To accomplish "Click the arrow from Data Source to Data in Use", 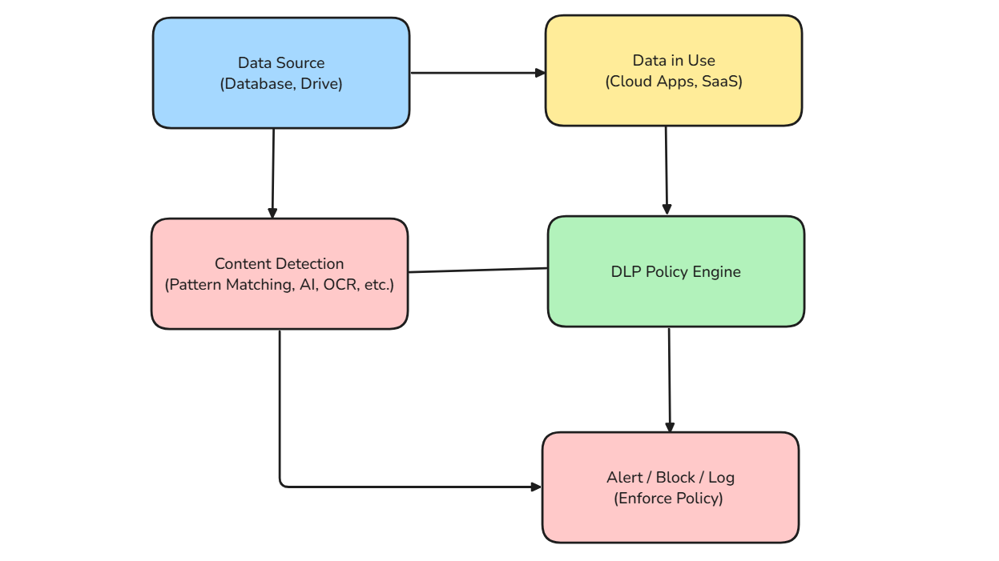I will (x=477, y=73).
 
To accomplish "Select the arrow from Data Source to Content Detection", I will (x=273, y=172).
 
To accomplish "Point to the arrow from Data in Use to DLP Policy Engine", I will (x=667, y=170).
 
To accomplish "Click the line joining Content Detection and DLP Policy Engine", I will (x=478, y=270).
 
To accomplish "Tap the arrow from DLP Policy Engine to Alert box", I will (x=670, y=380).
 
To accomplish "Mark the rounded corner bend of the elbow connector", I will (x=282, y=483).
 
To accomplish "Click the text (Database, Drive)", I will (x=280, y=84).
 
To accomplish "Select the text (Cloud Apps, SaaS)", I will (x=674, y=82).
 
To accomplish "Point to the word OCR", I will (x=339, y=285).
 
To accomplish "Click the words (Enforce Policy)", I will (x=669, y=499).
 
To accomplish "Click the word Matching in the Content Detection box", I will (x=261, y=285).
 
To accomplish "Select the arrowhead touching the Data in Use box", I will (x=541, y=73).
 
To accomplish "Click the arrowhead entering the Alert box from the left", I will (x=537, y=487).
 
